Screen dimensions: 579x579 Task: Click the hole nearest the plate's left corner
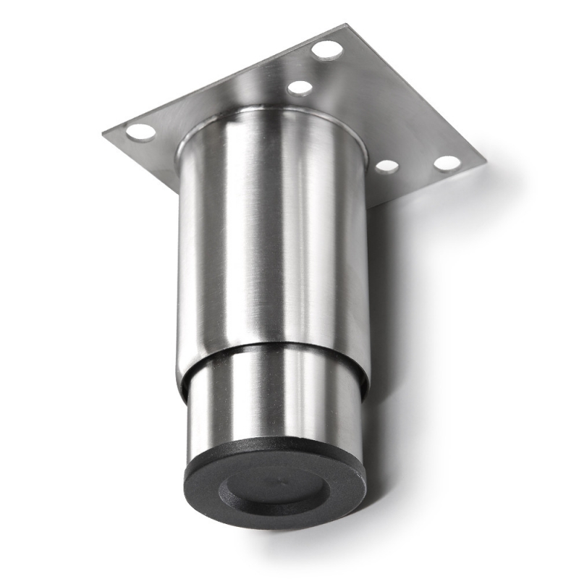(x=140, y=132)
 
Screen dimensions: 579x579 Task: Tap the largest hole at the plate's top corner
(x=327, y=50)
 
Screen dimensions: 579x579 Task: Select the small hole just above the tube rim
(x=300, y=88)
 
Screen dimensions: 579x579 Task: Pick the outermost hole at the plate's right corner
(x=447, y=163)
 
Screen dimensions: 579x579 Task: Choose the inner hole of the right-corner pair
(x=387, y=166)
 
